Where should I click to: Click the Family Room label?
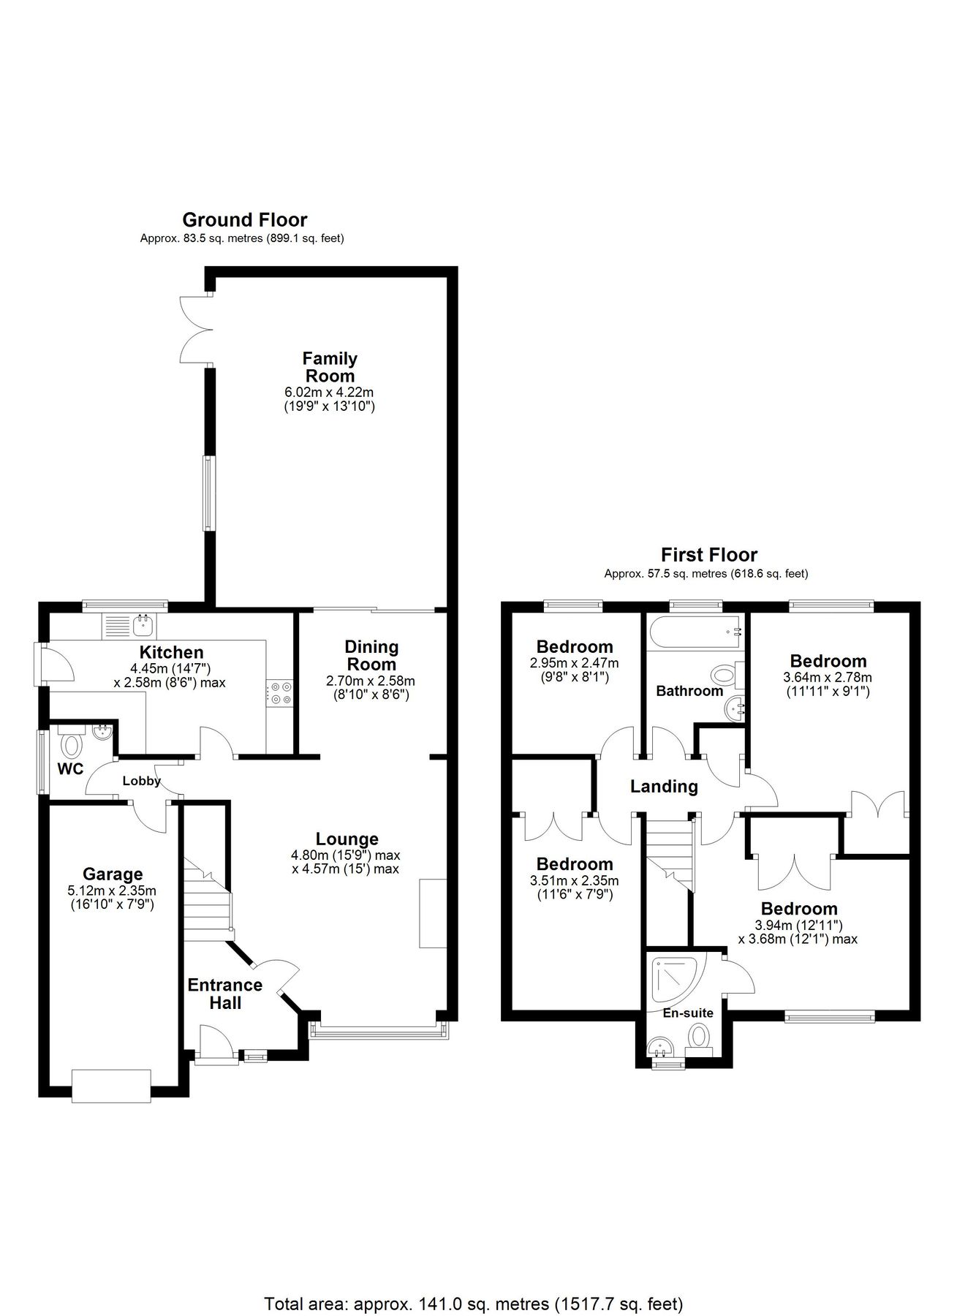point(330,367)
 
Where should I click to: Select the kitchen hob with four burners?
point(280,692)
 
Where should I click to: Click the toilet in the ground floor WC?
point(72,744)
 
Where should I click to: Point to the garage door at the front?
point(111,1086)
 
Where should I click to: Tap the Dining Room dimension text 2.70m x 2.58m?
point(371,681)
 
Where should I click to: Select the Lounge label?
point(347,839)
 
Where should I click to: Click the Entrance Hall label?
point(225,994)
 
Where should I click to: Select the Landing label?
point(664,787)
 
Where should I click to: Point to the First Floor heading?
point(708,555)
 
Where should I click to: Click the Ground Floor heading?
point(244,219)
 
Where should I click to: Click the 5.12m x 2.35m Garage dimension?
point(113,890)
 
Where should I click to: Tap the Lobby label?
point(141,781)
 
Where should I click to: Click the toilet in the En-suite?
point(700,1036)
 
